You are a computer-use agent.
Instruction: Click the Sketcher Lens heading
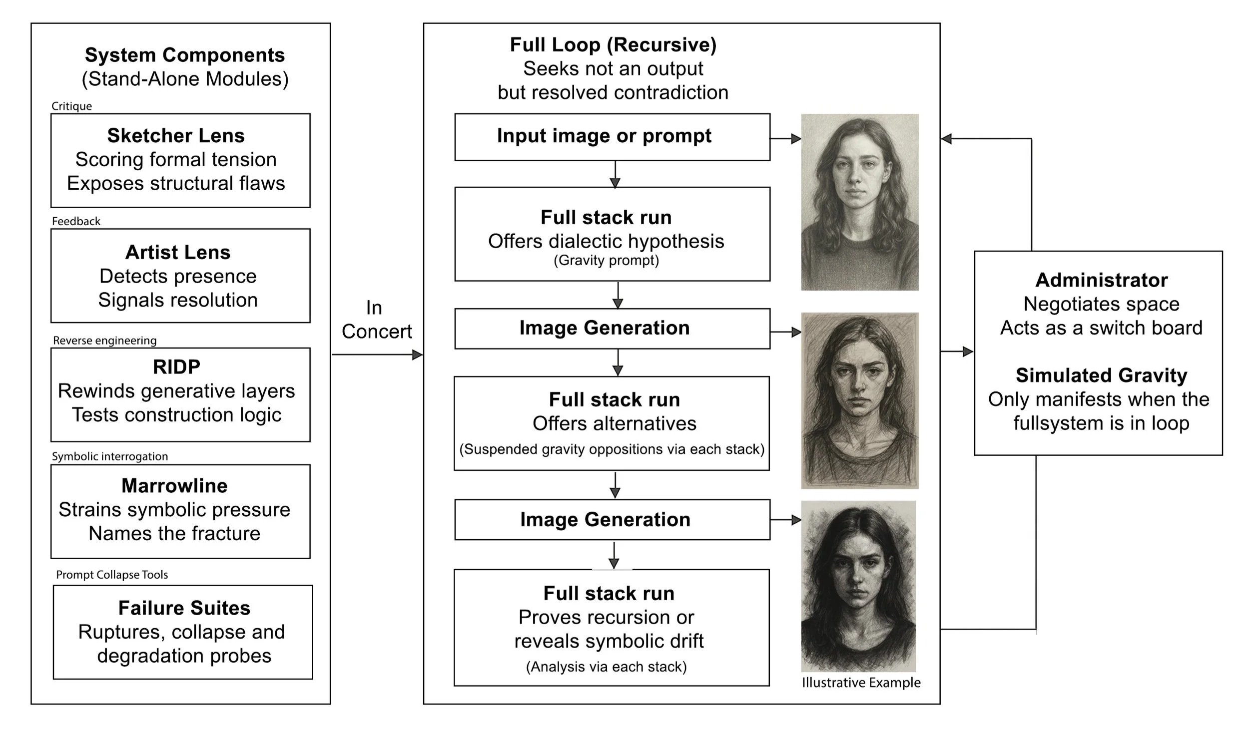pyautogui.click(x=176, y=136)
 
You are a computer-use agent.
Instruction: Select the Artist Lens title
pyautogui.click(x=178, y=252)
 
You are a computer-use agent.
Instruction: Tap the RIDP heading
pyautogui.click(x=176, y=367)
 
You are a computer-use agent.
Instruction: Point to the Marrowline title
pyautogui.click(x=174, y=486)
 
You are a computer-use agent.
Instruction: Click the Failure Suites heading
pyautogui.click(x=184, y=608)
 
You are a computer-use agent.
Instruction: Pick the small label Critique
pyautogui.click(x=71, y=106)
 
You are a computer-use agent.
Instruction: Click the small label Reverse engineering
pyautogui.click(x=104, y=341)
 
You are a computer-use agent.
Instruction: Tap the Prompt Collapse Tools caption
pyautogui.click(x=112, y=575)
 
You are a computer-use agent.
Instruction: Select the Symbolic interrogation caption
pyautogui.click(x=110, y=456)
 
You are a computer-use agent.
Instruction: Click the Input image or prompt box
pyautogui.click(x=612, y=136)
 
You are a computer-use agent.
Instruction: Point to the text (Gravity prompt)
pyautogui.click(x=606, y=261)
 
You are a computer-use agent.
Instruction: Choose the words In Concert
pyautogui.click(x=376, y=320)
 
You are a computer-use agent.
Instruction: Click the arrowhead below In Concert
pyautogui.click(x=418, y=355)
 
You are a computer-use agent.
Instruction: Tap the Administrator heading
pyautogui.click(x=1101, y=280)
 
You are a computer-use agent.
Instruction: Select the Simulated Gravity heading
pyautogui.click(x=1101, y=375)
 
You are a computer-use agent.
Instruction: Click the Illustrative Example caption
pyautogui.click(x=861, y=683)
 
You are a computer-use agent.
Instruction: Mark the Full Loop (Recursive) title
pyautogui.click(x=613, y=45)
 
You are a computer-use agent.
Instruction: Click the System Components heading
pyautogui.click(x=185, y=55)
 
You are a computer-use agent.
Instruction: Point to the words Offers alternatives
pyautogui.click(x=614, y=424)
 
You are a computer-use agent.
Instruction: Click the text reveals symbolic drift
pyautogui.click(x=609, y=641)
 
